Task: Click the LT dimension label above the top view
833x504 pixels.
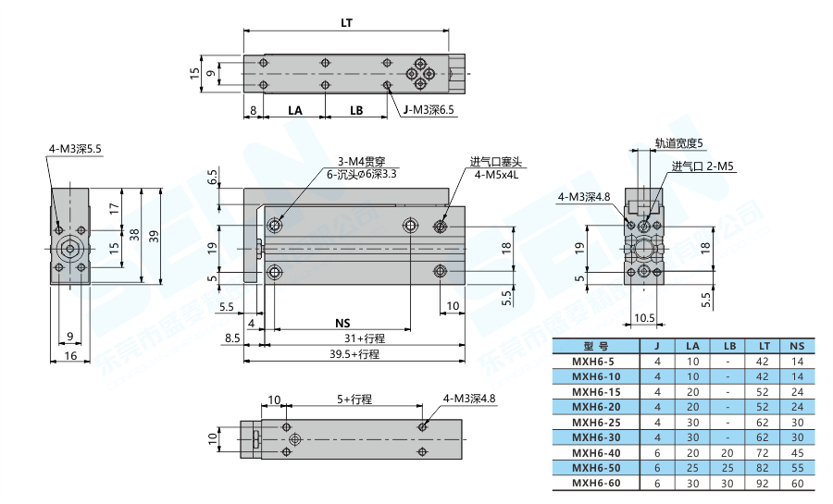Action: pyautogui.click(x=347, y=20)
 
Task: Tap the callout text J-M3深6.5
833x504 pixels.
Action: pyautogui.click(x=428, y=110)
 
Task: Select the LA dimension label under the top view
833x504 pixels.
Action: pyautogui.click(x=294, y=110)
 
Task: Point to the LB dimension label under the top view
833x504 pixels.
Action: pyautogui.click(x=356, y=110)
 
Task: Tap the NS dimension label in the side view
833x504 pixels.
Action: pyautogui.click(x=342, y=323)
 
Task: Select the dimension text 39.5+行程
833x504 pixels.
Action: pyautogui.click(x=356, y=353)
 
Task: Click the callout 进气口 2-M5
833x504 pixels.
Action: pyautogui.click(x=702, y=166)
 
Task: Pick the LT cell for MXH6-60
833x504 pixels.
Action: pyautogui.click(x=764, y=483)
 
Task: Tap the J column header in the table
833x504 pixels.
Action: pyautogui.click(x=657, y=346)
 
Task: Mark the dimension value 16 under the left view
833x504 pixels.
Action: pyautogui.click(x=70, y=356)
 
